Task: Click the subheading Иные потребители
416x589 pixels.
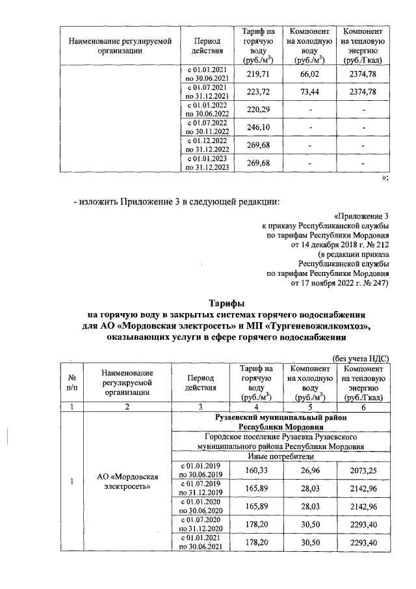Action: [279, 457]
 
